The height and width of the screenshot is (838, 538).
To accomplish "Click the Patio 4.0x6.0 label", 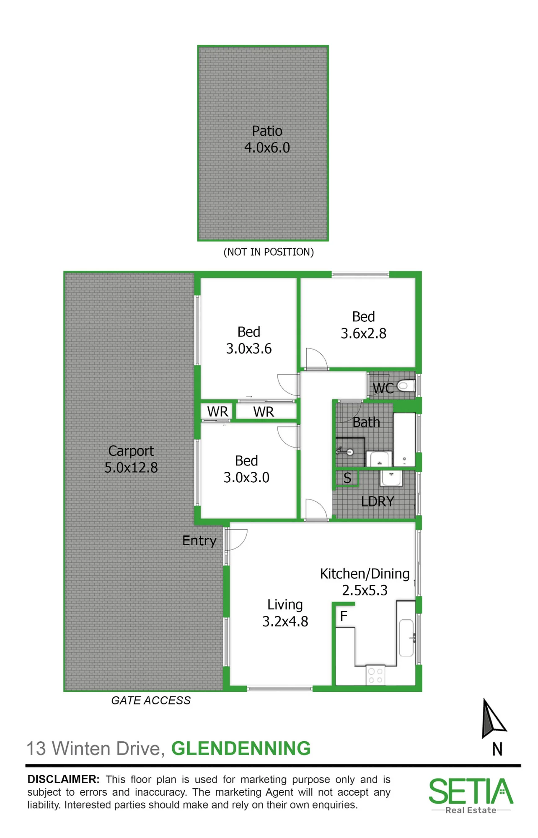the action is click(x=267, y=139).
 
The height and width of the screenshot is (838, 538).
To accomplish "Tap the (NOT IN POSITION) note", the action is click(x=269, y=252).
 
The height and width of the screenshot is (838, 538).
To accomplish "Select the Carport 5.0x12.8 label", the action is click(x=131, y=459).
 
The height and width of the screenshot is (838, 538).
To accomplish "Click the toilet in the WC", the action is click(x=406, y=385).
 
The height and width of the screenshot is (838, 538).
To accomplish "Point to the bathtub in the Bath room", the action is click(x=404, y=440).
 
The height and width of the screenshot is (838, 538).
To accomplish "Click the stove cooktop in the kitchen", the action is click(x=375, y=675).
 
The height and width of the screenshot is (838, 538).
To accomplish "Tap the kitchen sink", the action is click(x=406, y=638).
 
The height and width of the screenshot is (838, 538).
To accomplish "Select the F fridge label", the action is click(x=344, y=616).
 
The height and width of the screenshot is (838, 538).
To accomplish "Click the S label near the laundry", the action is click(x=347, y=478).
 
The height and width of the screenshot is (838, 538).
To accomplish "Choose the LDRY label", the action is click(x=378, y=501).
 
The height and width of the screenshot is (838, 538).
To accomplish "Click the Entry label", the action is click(x=199, y=541).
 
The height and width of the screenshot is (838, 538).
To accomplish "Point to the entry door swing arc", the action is click(x=243, y=543).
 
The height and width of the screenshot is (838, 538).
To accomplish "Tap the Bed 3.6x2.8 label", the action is click(x=363, y=325).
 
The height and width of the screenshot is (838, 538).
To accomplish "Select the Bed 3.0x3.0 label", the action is click(x=246, y=469).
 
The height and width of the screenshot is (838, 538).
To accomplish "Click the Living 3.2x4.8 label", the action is click(x=285, y=613).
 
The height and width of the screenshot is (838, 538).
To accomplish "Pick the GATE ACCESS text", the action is click(x=151, y=700).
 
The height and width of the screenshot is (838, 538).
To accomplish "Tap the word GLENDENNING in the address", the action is click(x=241, y=748).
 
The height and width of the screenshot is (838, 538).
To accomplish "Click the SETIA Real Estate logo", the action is click(x=471, y=795).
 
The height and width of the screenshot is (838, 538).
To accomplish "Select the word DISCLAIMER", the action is click(x=63, y=779).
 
